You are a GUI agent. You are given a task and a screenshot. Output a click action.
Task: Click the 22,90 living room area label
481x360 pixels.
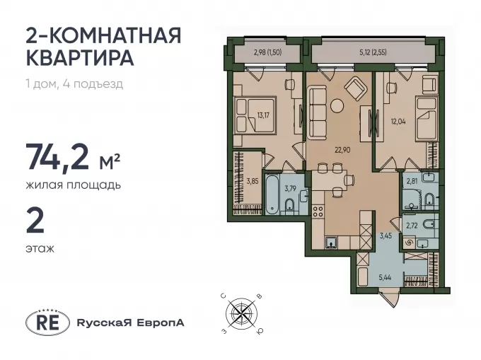[342, 150]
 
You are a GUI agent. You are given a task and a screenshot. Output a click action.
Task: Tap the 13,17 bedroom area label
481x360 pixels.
[263, 115]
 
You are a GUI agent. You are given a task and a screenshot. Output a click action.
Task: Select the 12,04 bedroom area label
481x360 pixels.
[398, 122]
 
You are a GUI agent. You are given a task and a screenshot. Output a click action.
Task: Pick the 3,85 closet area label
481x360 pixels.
[252, 181]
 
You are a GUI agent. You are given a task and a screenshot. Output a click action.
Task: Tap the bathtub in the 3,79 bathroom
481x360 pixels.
[272, 194]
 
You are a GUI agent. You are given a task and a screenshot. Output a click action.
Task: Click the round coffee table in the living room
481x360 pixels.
[337, 106]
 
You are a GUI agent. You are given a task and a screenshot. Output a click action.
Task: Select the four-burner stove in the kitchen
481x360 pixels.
[318, 211]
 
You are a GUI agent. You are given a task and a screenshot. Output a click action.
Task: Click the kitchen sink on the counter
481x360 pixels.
[331, 243]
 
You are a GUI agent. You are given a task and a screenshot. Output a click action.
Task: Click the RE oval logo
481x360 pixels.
[47, 323]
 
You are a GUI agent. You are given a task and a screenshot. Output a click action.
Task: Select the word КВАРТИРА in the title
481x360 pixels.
[80, 58]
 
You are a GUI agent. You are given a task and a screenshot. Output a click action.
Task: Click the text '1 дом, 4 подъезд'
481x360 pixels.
[74, 83]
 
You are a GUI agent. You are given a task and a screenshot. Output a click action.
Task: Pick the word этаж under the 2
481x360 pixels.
[40, 249]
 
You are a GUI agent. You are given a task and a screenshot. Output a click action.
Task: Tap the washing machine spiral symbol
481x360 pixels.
[409, 243]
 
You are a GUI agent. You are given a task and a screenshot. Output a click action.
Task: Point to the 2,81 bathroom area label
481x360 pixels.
[412, 180]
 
